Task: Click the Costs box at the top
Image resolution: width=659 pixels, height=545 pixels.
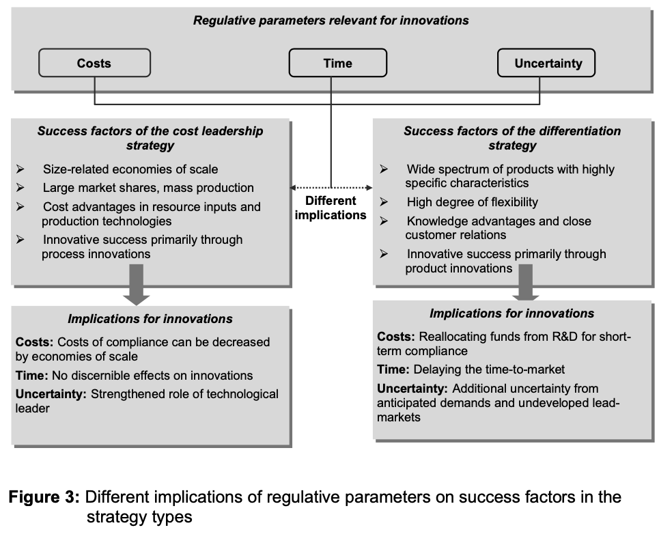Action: (94, 63)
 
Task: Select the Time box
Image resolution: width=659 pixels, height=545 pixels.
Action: (338, 63)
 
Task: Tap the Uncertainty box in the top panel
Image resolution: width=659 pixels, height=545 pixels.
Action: (546, 63)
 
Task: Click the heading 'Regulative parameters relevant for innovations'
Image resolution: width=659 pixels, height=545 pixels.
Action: (331, 20)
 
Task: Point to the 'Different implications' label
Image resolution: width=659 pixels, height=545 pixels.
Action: (331, 208)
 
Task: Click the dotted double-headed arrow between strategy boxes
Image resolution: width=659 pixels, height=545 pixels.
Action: (331, 187)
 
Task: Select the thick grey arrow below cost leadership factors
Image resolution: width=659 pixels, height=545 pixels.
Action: (136, 285)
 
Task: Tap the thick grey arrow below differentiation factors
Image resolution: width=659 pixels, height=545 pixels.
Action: (525, 282)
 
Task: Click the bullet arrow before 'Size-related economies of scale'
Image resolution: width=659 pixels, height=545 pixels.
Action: (20, 169)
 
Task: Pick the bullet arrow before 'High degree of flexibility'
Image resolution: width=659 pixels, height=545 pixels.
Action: (384, 201)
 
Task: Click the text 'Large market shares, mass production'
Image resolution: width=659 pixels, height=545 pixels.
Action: (148, 187)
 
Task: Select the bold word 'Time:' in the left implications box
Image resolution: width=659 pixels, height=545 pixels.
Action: (31, 375)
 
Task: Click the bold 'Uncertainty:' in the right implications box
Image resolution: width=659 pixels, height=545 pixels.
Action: (412, 389)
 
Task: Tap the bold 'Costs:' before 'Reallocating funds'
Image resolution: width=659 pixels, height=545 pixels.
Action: (396, 337)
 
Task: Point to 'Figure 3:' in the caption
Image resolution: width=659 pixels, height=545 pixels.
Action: (44, 497)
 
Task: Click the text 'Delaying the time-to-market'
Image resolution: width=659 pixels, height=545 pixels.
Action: (489, 369)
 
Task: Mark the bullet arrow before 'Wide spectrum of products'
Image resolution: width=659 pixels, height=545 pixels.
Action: (384, 169)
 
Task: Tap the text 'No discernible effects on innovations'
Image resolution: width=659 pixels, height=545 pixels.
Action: (152, 375)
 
